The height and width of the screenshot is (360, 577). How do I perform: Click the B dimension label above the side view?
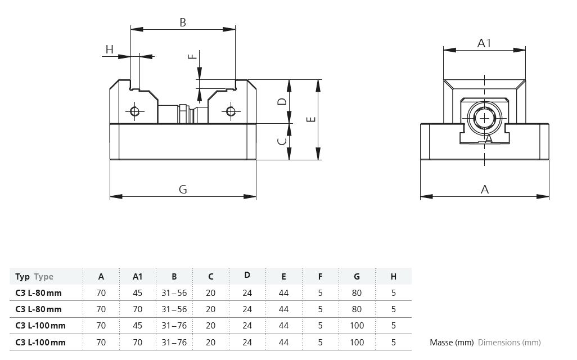(183, 22)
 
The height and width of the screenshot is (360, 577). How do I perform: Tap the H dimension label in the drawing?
(110, 49)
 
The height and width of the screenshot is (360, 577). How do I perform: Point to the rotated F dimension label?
(192, 56)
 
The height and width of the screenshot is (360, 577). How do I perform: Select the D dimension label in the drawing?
(282, 101)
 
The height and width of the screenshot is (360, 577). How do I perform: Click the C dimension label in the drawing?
(282, 141)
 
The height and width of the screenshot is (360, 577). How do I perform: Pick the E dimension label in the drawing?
(312, 119)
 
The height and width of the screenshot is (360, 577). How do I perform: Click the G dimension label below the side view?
(183, 189)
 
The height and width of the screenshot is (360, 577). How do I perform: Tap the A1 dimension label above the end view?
(484, 43)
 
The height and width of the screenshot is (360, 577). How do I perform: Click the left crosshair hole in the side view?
(134, 111)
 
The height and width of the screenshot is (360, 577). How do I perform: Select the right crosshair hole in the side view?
(231, 111)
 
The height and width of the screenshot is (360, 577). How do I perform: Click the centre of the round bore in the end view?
(485, 118)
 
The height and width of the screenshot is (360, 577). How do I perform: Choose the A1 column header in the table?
(137, 276)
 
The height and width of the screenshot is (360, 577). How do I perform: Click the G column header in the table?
(357, 276)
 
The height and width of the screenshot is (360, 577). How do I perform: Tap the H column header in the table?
(393, 276)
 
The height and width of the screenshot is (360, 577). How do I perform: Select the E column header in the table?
(283, 276)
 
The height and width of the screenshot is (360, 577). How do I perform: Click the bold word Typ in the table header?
(22, 277)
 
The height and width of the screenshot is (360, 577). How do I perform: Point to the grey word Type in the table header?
(44, 277)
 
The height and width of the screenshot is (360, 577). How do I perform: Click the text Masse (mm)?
(452, 343)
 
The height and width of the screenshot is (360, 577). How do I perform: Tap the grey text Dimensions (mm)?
(510, 343)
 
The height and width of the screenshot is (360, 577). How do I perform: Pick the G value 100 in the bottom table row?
(357, 343)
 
